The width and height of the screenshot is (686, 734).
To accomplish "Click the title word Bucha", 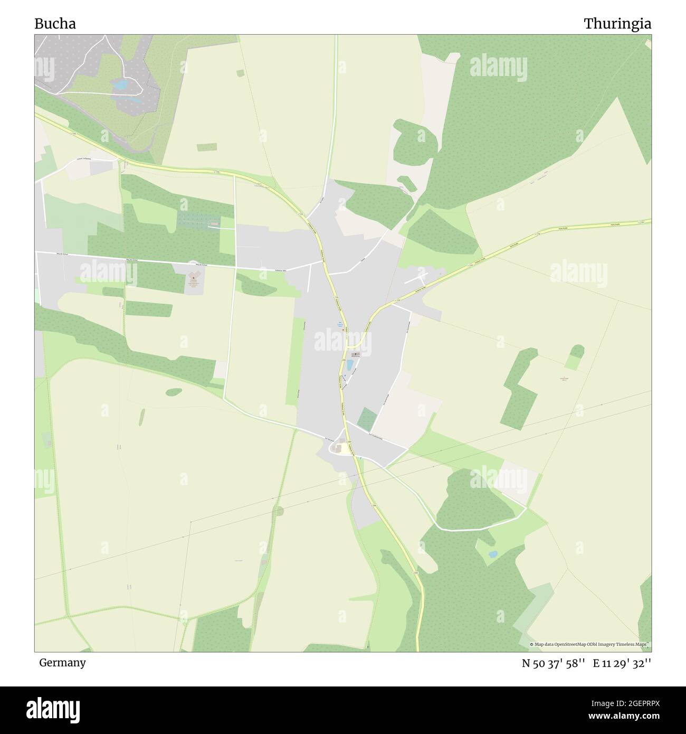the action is pos(55,24).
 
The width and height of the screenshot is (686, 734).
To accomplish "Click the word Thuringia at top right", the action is pos(617,24).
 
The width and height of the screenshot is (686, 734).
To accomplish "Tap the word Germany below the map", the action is pos(62,662).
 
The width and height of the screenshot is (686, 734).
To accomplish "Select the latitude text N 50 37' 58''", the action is pos(553,663).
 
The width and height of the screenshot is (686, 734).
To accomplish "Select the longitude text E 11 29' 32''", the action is pos(622,663).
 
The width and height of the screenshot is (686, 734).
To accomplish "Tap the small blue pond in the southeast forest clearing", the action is pos(492,554).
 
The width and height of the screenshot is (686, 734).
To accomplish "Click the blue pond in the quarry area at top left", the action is pos(121,84).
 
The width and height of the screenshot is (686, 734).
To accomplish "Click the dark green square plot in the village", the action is pos(367,418).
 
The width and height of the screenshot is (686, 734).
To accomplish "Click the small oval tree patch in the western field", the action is pos(174,392).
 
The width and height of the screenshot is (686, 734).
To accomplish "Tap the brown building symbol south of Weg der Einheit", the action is pos(194,277).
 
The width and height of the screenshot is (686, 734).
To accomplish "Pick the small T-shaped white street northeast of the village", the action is pos(421,276).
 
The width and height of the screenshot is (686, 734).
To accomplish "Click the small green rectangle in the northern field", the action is pos(207,147).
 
